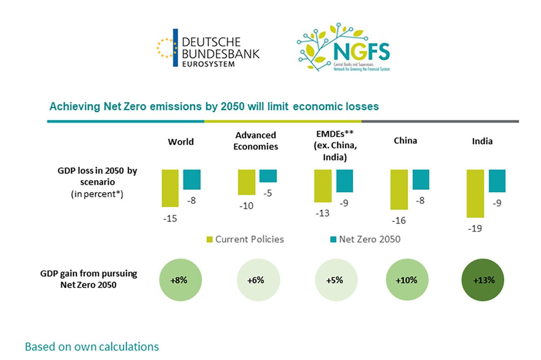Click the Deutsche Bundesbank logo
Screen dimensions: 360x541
click(208, 48)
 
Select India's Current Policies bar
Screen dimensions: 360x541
click(475, 194)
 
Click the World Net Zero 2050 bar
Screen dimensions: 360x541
click(192, 179)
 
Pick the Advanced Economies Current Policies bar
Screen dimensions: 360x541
click(247, 182)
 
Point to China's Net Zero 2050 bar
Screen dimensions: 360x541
click(421, 179)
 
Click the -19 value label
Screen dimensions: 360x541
click(475, 228)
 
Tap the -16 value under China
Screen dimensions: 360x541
click(399, 221)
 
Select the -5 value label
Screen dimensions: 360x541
click(267, 194)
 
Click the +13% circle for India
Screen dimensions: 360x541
click(483, 280)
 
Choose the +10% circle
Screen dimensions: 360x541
click(407, 280)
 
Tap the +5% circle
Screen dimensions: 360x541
click(336, 280)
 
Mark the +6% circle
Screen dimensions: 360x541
click(258, 280)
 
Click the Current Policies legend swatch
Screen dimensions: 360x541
click(210, 239)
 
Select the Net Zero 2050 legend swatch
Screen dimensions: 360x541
click(333, 239)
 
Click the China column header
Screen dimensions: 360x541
click(405, 141)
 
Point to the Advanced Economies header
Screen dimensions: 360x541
click(256, 141)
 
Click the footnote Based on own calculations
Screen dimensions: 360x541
click(92, 347)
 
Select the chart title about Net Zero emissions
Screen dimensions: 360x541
click(214, 107)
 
